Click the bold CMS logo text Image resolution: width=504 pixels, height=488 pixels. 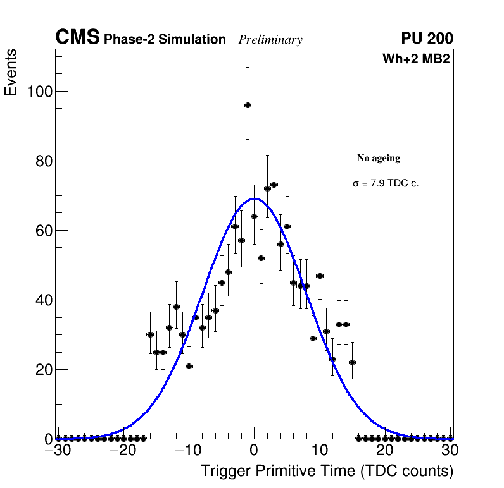(x=77, y=38)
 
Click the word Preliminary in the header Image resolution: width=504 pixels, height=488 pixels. (x=270, y=40)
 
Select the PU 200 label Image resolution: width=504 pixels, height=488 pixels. (x=427, y=39)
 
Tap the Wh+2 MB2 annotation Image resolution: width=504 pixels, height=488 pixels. (x=416, y=59)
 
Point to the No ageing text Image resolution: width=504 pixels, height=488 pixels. (x=379, y=158)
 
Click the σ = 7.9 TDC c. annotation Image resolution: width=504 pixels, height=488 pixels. (x=386, y=183)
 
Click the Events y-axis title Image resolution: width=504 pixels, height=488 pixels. (x=11, y=72)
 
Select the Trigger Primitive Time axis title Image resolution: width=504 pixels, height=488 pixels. (x=327, y=471)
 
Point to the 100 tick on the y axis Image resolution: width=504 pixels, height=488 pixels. (x=39, y=92)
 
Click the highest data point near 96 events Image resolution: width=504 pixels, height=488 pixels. (x=248, y=105)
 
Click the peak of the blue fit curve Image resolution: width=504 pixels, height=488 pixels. (x=254, y=198)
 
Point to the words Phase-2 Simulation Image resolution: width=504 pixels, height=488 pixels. (x=165, y=40)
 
